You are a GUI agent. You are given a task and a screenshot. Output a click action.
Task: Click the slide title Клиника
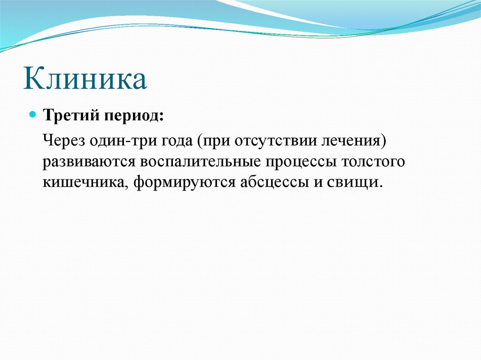(x=85, y=78)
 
